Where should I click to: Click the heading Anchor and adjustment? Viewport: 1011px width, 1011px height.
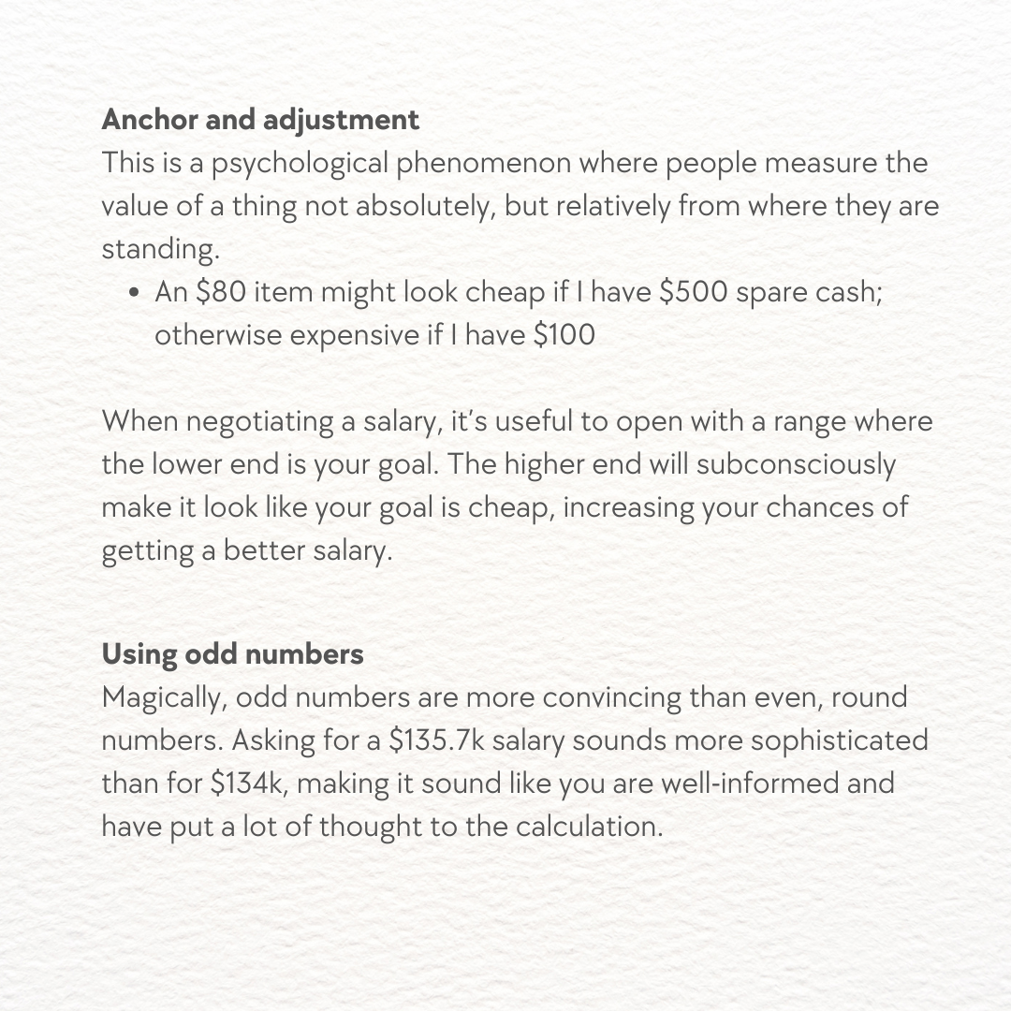click(260, 120)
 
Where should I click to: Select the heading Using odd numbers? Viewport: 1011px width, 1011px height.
click(232, 653)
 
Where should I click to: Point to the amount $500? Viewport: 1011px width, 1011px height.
click(694, 292)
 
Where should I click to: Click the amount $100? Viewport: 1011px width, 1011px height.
click(564, 335)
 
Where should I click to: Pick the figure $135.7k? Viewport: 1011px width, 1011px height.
click(436, 740)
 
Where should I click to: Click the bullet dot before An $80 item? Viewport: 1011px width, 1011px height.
click(137, 293)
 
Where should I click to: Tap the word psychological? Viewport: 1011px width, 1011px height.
click(300, 164)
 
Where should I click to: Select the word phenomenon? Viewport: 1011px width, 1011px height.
click(483, 164)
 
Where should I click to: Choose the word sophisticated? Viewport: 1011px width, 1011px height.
click(839, 740)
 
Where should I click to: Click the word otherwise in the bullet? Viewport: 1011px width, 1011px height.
click(217, 335)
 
